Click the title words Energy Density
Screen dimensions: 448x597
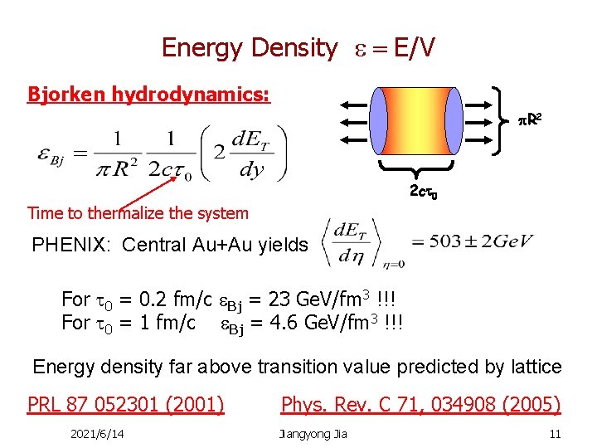click(x=249, y=48)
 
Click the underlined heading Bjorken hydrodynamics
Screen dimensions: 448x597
click(x=148, y=94)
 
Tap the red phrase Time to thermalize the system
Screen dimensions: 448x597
click(x=138, y=213)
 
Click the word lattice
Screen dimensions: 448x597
click(x=531, y=366)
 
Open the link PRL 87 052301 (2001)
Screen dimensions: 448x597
click(x=126, y=404)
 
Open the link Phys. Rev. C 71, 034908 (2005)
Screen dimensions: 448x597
click(x=420, y=404)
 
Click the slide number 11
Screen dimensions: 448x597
click(x=555, y=433)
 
